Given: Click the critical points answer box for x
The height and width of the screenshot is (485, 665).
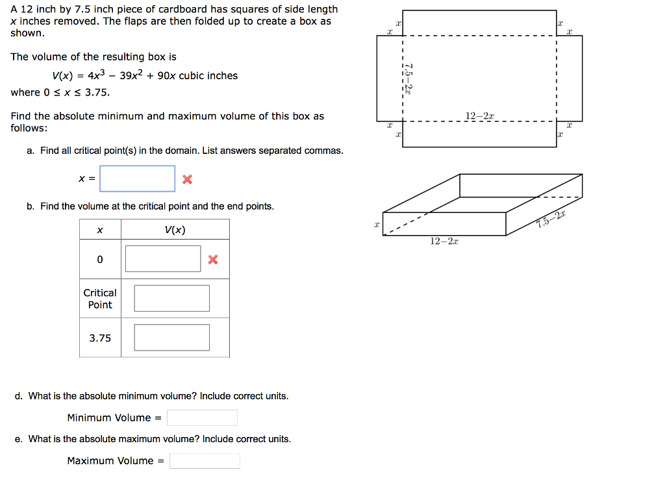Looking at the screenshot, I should pos(137,179).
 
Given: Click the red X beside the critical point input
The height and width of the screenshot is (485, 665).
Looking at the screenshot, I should pos(187,179).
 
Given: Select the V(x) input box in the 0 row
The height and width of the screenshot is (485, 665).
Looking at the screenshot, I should pos(163,259).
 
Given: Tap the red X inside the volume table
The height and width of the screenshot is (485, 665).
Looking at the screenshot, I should pos(212,260).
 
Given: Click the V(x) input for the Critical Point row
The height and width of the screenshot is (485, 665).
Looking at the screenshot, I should pos(171,298).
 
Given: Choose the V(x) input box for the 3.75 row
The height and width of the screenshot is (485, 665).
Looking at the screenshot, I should pos(171,338).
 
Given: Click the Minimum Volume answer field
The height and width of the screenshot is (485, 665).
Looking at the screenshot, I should pos(202,417).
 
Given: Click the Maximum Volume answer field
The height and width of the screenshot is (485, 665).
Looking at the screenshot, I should pos(205,461).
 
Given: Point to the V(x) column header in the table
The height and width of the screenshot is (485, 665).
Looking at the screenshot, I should pos(175,230).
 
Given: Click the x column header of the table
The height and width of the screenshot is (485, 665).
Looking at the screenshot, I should pos(100,230).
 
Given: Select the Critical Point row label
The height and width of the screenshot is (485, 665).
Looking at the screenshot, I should pos(100,299).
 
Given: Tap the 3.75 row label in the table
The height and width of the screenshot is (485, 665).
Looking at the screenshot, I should pos(100,338).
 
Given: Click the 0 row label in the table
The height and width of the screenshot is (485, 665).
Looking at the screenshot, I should pos(100,259).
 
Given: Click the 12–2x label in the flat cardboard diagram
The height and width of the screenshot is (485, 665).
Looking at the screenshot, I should pos(479,116).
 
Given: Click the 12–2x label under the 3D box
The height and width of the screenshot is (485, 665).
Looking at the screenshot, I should pos(444,242).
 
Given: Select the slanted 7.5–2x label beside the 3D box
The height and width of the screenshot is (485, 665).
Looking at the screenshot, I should pos(551,219).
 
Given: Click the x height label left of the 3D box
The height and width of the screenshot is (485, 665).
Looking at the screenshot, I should pos(376,225).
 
